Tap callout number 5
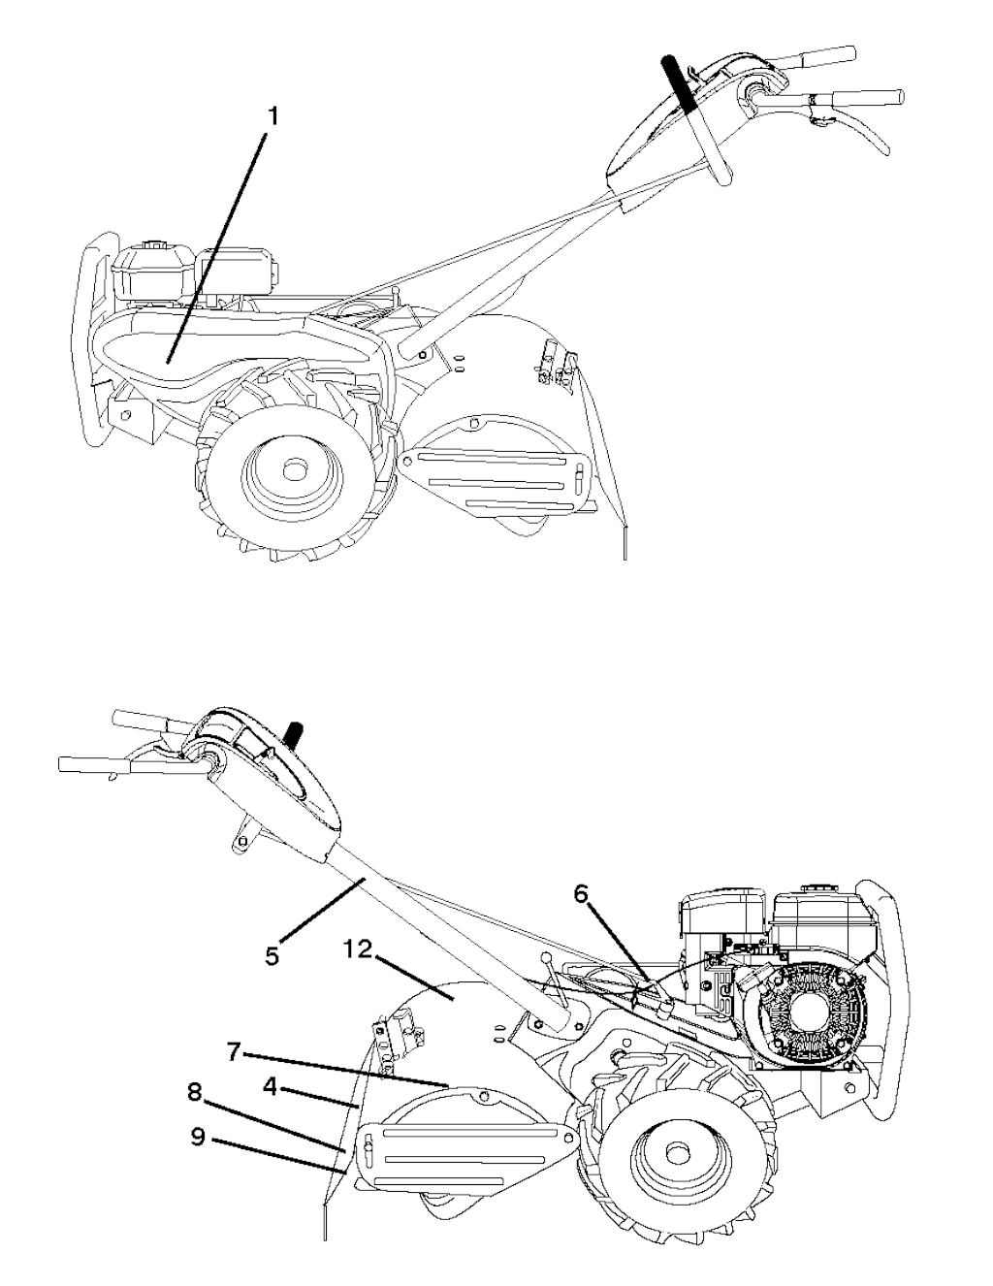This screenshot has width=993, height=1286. [272, 955]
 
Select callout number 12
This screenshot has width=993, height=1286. [357, 949]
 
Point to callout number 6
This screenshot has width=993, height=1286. [580, 894]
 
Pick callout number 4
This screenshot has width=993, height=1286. [271, 1088]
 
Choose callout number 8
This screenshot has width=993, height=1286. [195, 1093]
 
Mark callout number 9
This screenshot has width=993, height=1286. [198, 1137]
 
